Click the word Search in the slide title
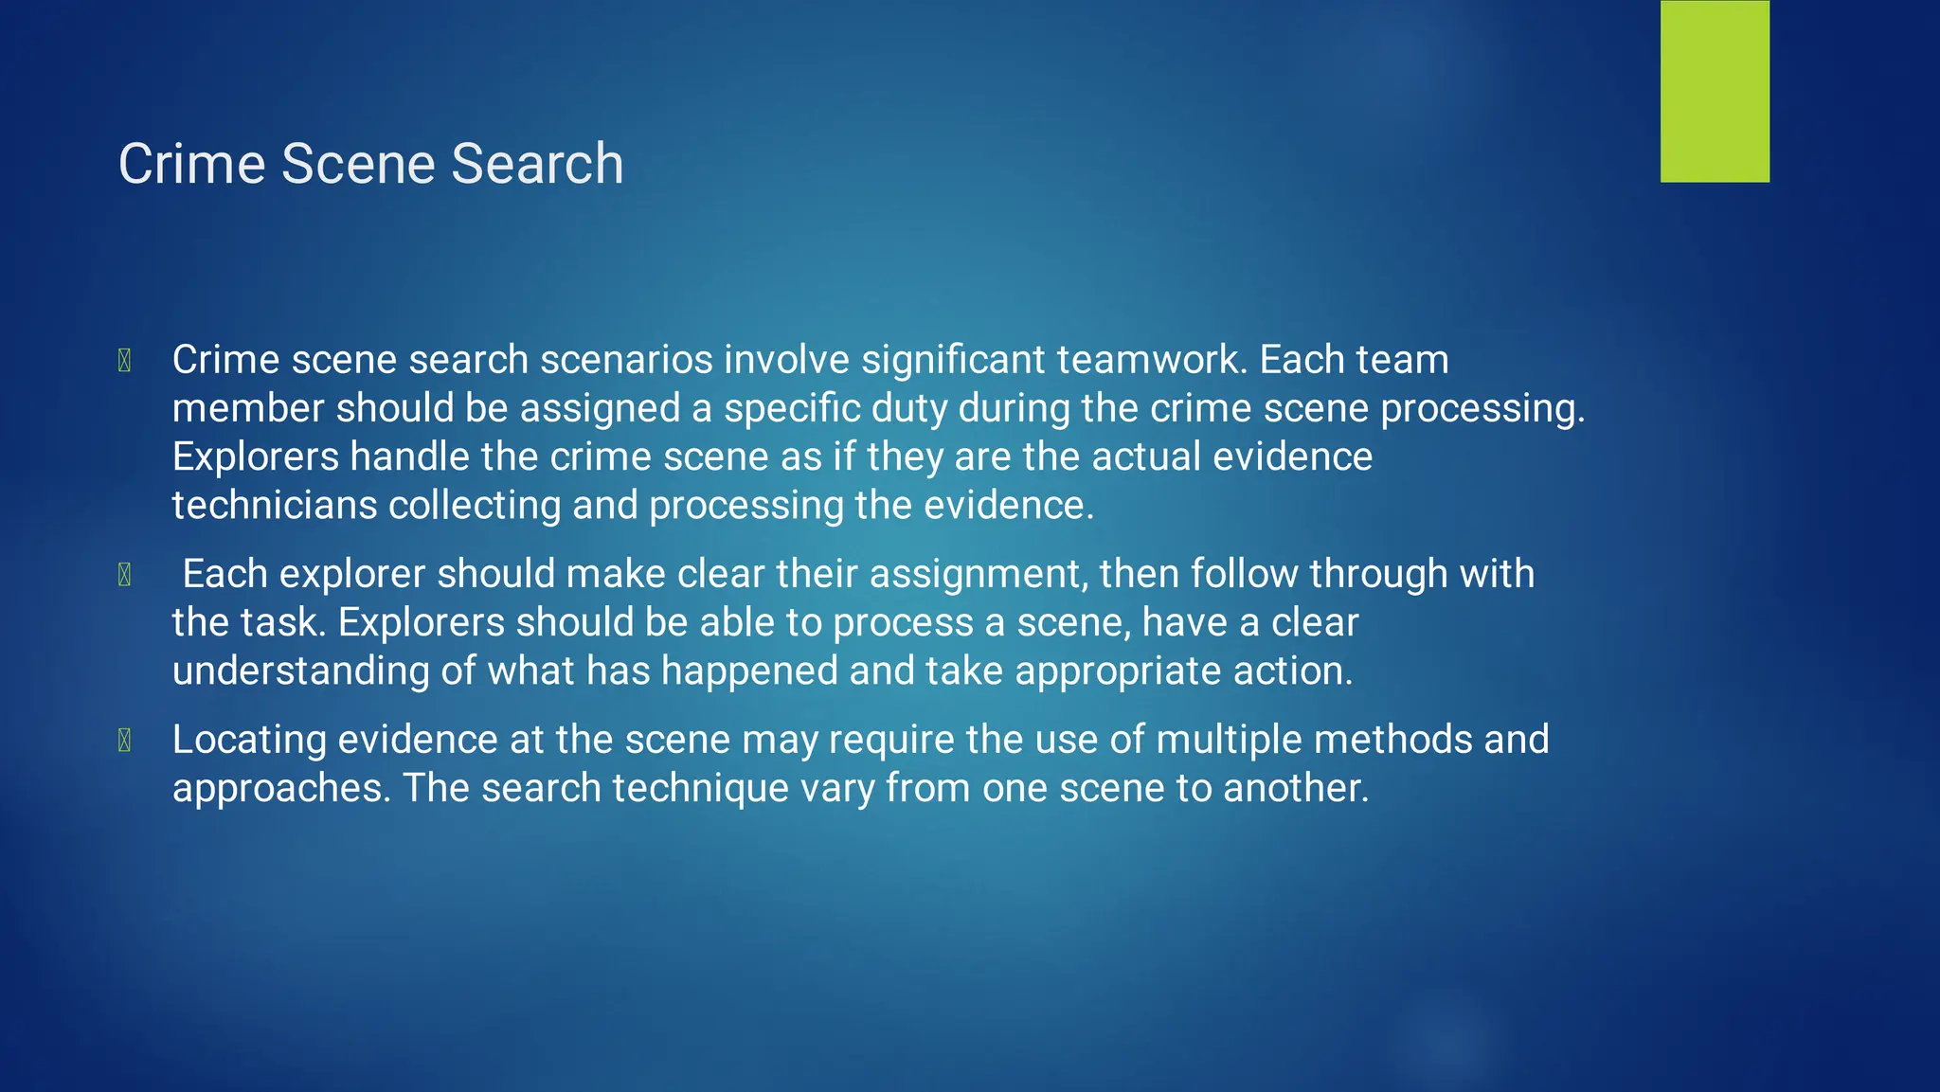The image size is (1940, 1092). pyautogui.click(x=537, y=164)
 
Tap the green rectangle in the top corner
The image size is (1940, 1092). pyautogui.click(x=1715, y=91)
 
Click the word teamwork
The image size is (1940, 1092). pyautogui.click(x=1147, y=360)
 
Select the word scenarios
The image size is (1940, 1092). pyautogui.click(x=626, y=360)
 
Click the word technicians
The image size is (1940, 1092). pyautogui.click(x=274, y=505)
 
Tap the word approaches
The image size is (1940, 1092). pyautogui.click(x=281, y=789)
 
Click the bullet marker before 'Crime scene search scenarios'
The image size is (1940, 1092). pyautogui.click(x=124, y=361)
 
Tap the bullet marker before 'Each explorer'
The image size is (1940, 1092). pyautogui.click(x=124, y=575)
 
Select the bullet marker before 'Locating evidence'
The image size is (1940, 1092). pyautogui.click(x=124, y=741)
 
